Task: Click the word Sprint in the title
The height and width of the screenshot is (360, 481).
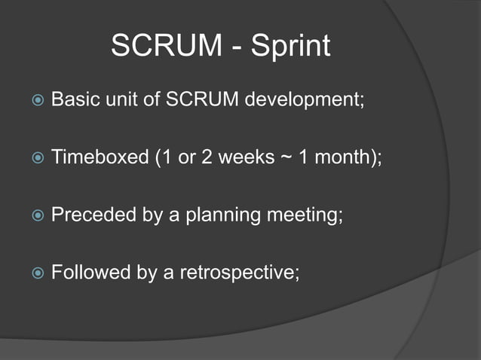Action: click(x=290, y=47)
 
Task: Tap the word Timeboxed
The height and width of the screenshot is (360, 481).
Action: click(x=95, y=158)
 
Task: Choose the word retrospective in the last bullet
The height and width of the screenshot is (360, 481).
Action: click(x=238, y=273)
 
